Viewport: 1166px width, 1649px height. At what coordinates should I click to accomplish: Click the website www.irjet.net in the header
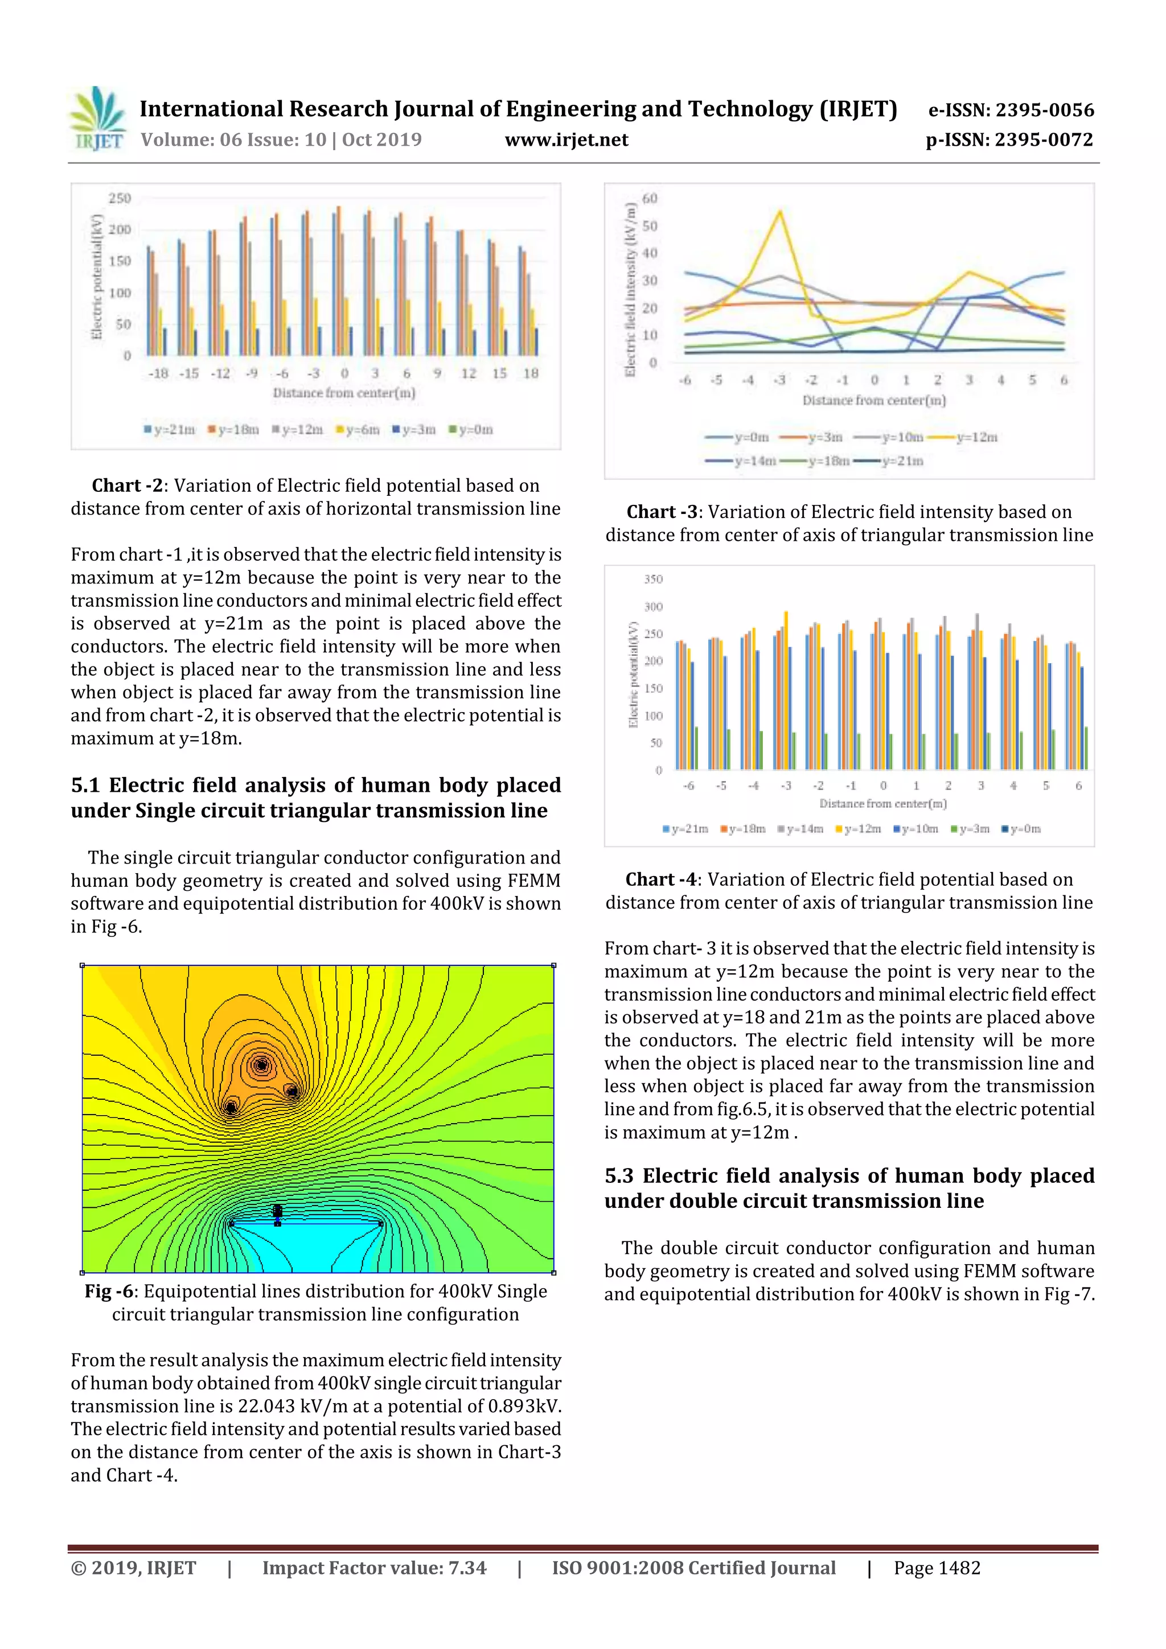tap(566, 139)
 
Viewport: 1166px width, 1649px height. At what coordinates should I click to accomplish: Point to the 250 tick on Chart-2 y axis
tap(119, 198)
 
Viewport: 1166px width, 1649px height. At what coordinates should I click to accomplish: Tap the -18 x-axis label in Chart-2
tap(158, 373)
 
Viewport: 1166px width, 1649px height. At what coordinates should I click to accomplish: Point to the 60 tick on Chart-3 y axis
tap(650, 198)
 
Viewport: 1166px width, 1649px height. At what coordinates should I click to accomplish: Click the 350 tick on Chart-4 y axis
tap(653, 579)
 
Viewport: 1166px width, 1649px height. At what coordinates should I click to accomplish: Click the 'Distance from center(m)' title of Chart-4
tap(883, 804)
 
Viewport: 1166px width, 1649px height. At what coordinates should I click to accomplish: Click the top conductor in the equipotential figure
tap(261, 1064)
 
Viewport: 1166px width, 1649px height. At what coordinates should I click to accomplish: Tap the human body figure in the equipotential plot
tap(277, 1212)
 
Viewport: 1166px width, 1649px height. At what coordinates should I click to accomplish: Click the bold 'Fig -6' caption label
tap(109, 1292)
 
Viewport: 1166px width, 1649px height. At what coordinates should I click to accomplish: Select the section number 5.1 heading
tap(85, 785)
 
